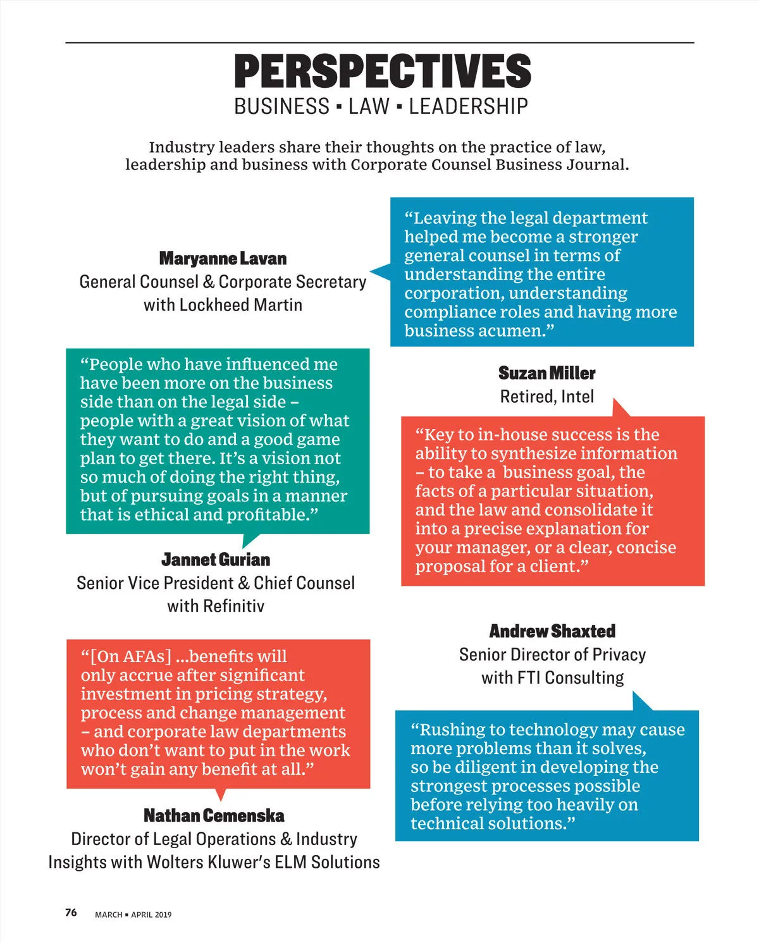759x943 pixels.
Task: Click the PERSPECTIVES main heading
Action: pyautogui.click(x=383, y=71)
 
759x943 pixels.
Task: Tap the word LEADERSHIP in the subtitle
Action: pyautogui.click(x=468, y=106)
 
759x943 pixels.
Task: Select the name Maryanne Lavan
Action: pyautogui.click(x=223, y=259)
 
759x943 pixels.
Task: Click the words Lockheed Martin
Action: pyautogui.click(x=241, y=305)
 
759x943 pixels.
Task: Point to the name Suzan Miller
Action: pyautogui.click(x=546, y=373)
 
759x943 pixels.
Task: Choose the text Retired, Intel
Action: pyautogui.click(x=546, y=397)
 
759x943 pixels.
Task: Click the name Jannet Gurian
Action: pyautogui.click(x=216, y=560)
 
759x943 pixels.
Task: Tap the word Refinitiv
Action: pyautogui.click(x=233, y=606)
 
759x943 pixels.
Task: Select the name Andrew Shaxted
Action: pyautogui.click(x=552, y=631)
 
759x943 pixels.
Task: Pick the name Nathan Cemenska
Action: pyautogui.click(x=214, y=816)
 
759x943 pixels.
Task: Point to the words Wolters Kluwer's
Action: pyautogui.click(x=209, y=862)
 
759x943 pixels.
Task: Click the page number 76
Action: pyautogui.click(x=71, y=913)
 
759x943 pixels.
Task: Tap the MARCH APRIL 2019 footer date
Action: pyautogui.click(x=133, y=915)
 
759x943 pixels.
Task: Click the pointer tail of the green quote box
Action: pyautogui.click(x=250, y=540)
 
